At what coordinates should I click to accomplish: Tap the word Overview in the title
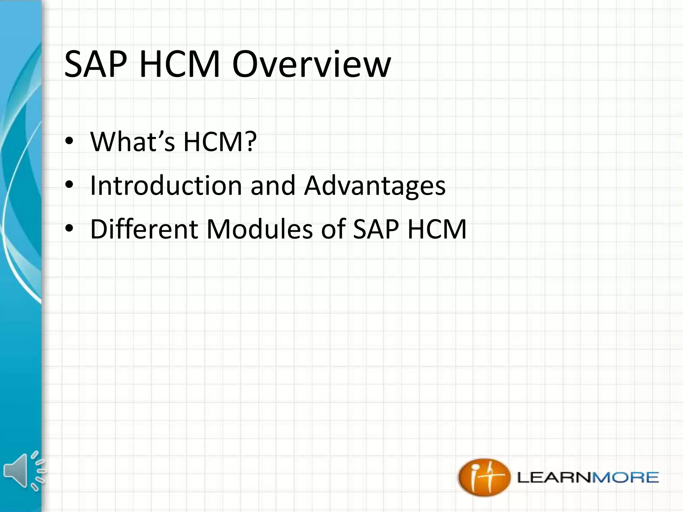coord(311,64)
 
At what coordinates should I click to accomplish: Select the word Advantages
coord(375,185)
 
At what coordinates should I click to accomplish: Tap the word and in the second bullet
coord(273,186)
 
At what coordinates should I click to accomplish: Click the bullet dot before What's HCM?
coord(69,141)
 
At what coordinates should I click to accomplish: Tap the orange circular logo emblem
coord(484,477)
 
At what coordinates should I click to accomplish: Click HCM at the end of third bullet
coord(437,229)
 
